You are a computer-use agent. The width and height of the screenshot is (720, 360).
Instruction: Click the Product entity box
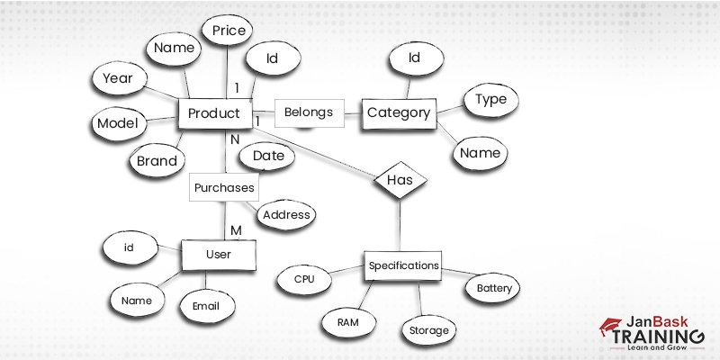click(213, 113)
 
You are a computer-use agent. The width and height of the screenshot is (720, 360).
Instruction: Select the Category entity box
click(399, 113)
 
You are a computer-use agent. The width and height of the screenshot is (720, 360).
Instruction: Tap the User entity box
click(219, 255)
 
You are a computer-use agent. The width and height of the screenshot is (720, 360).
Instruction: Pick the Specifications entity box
click(404, 265)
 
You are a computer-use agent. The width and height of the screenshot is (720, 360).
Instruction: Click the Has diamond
click(399, 180)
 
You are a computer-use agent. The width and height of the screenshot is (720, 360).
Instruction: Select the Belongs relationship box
click(309, 112)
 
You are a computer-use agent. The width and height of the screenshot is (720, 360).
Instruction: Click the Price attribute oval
click(229, 31)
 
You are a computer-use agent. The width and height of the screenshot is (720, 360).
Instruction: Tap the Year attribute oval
click(118, 78)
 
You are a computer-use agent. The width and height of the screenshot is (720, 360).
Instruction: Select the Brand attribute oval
click(157, 162)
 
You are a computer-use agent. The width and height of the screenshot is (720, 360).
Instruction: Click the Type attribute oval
click(490, 100)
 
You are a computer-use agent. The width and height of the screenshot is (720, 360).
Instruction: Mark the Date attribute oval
click(268, 156)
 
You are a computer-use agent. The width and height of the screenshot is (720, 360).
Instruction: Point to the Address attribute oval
click(287, 215)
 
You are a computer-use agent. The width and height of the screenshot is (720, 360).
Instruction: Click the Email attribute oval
click(206, 306)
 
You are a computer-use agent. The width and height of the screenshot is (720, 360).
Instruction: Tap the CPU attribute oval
click(305, 280)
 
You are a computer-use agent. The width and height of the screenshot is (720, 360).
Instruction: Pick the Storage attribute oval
click(428, 330)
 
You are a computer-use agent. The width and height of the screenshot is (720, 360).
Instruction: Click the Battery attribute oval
click(494, 289)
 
